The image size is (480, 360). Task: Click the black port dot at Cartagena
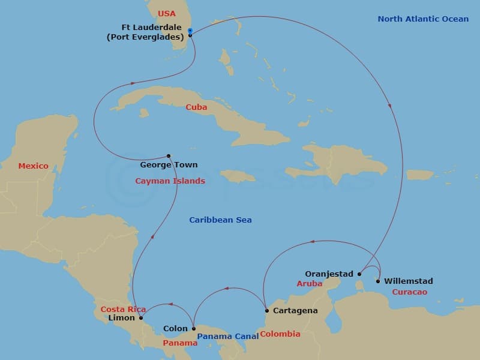click(x=267, y=311)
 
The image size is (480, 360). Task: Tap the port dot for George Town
click(x=169, y=156)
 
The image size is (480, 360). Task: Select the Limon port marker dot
click(x=141, y=318)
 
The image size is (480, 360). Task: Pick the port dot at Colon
click(x=193, y=328)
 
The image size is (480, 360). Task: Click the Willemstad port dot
click(x=378, y=281)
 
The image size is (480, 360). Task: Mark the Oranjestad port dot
click(x=359, y=274)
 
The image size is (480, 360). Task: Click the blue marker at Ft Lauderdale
click(x=190, y=31)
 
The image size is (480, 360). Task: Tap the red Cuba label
click(x=196, y=107)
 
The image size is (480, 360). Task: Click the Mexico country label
click(x=33, y=166)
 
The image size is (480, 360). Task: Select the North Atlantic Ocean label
click(x=423, y=19)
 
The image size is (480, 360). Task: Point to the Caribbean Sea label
click(x=220, y=220)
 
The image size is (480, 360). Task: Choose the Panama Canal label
click(x=228, y=337)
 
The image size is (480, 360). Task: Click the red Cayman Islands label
click(x=170, y=181)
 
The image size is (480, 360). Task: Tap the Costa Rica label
click(x=123, y=309)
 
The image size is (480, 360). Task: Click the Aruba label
click(x=310, y=283)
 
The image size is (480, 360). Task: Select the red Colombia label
click(x=280, y=334)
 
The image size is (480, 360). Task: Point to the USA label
click(x=167, y=13)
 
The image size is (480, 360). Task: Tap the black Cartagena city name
click(x=295, y=311)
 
